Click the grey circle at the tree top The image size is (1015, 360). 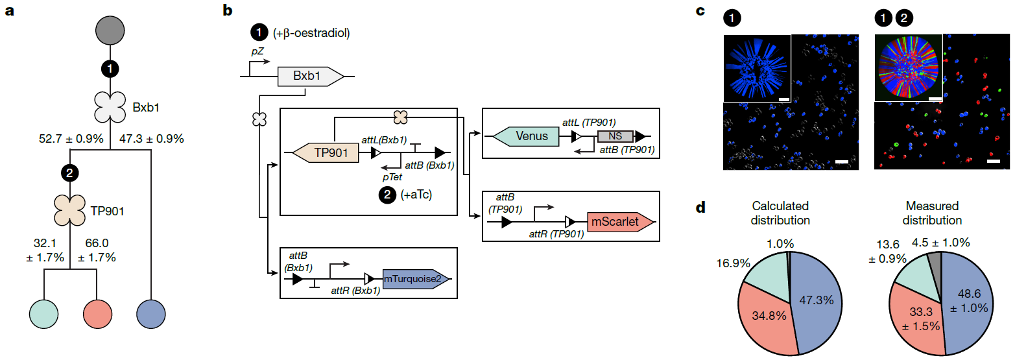click(x=110, y=30)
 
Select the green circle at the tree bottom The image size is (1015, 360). click(x=44, y=317)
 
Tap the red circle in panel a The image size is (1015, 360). click(x=97, y=317)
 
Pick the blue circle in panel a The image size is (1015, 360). click(x=150, y=317)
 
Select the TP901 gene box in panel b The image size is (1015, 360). click(x=327, y=153)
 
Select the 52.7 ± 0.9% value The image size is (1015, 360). click(x=72, y=138)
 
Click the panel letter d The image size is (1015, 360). click(x=701, y=208)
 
